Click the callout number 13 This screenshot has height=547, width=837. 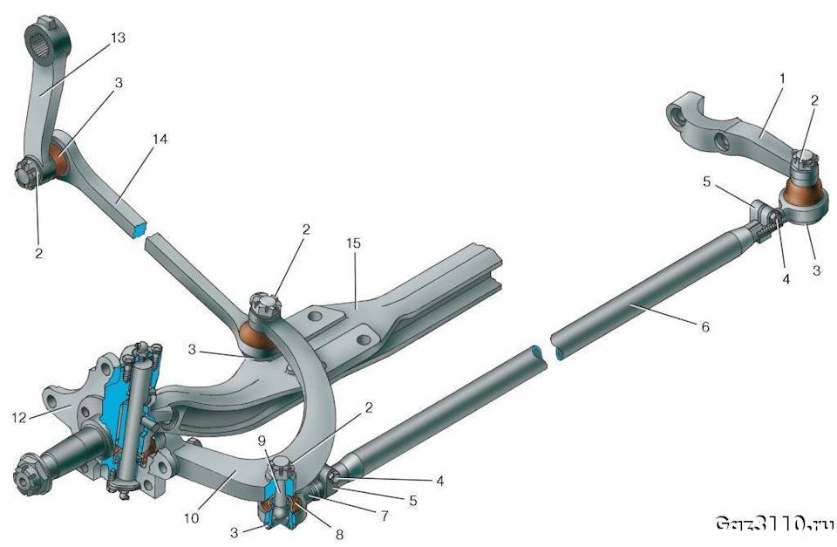click(x=118, y=38)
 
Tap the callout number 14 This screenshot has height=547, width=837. click(x=160, y=140)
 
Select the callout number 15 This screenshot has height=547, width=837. click(x=353, y=243)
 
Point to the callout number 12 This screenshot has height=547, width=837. click(x=18, y=417)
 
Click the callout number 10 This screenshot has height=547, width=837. click(x=191, y=517)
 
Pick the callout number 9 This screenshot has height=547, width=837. click(x=261, y=441)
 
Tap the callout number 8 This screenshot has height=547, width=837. click(x=339, y=534)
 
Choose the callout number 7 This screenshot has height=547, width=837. click(x=384, y=516)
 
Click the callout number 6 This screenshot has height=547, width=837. click(x=705, y=326)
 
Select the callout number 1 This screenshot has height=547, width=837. click(x=782, y=79)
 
